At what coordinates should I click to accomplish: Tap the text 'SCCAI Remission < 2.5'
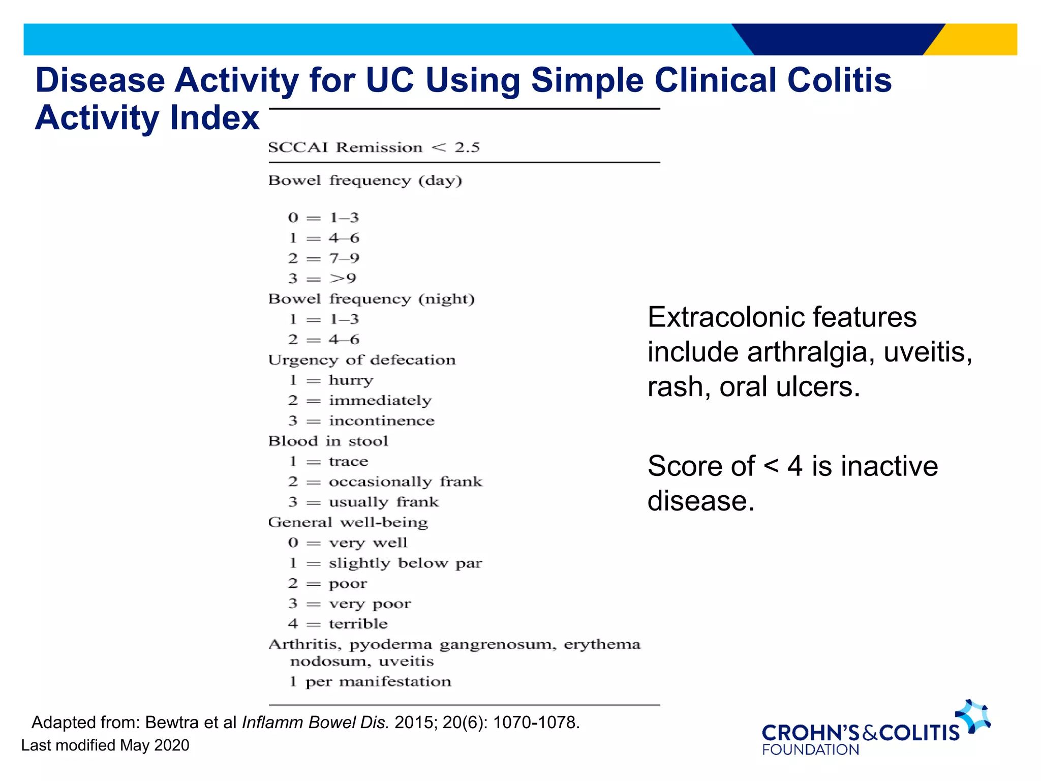[x=374, y=147]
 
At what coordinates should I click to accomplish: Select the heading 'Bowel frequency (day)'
[x=365, y=181]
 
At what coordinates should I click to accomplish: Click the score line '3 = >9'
[x=322, y=278]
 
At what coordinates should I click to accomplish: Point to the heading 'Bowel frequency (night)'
[x=371, y=298]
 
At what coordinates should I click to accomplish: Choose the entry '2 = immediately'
[x=359, y=400]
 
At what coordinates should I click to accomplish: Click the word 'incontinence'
[x=381, y=420]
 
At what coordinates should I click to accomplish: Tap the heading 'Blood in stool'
[x=328, y=441]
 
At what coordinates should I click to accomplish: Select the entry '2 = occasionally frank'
[x=385, y=482]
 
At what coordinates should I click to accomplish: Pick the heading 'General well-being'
[x=348, y=522]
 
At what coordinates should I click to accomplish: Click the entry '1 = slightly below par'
[x=385, y=563]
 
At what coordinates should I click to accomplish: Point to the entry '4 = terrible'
[x=338, y=623]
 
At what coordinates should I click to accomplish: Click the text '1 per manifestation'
[x=370, y=681]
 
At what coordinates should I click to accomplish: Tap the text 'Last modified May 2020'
[x=105, y=745]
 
